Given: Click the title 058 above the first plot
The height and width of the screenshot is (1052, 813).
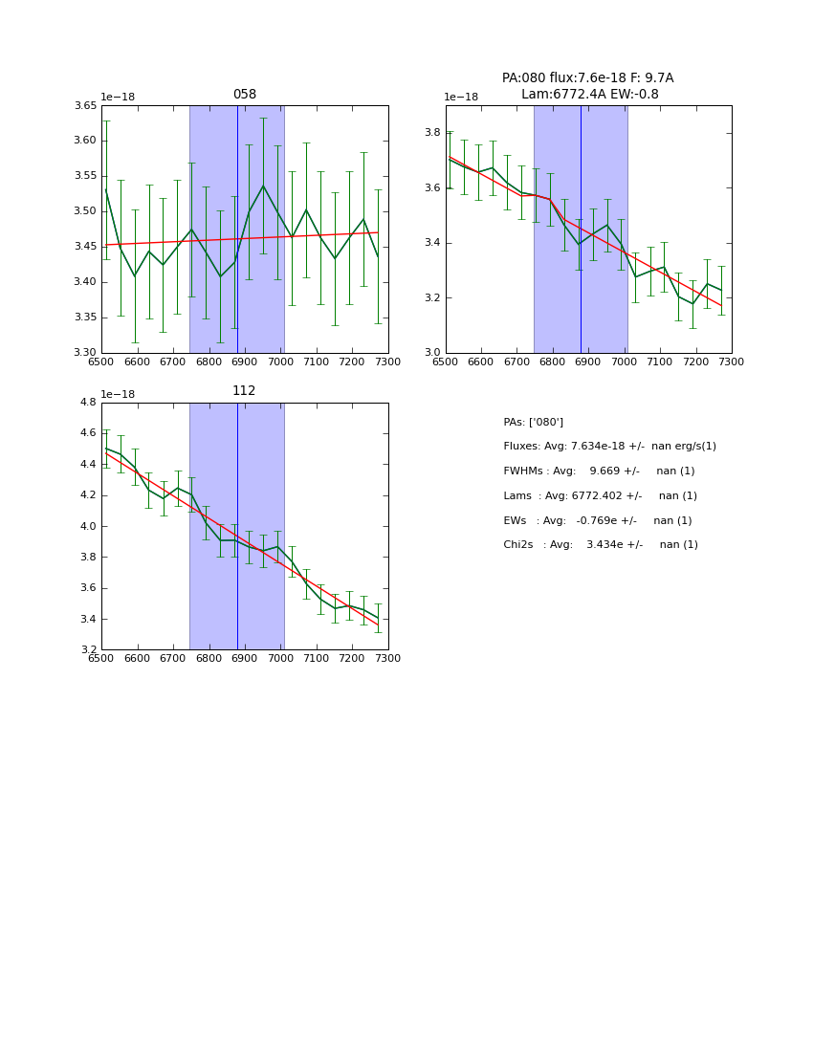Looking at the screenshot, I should pyautogui.click(x=245, y=95).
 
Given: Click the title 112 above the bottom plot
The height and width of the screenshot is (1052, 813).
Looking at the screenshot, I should pyautogui.click(x=245, y=391).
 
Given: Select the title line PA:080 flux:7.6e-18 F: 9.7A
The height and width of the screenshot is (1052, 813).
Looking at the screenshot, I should pyautogui.click(x=587, y=78).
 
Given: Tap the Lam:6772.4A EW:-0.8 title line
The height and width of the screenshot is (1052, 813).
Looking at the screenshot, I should pyautogui.click(x=589, y=94).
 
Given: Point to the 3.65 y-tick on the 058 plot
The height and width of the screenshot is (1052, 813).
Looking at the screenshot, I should pyautogui.click(x=85, y=106).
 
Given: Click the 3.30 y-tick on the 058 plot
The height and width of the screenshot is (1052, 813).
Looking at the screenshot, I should pyautogui.click(x=85, y=353).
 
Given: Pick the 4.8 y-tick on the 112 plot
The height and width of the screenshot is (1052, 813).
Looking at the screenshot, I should pyautogui.click(x=88, y=403).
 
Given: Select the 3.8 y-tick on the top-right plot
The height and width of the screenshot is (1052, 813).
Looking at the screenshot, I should pyautogui.click(x=432, y=133).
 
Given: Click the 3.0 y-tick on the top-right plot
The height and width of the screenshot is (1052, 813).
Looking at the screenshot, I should pyautogui.click(x=432, y=353).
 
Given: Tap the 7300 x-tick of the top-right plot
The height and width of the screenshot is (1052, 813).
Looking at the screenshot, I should pyautogui.click(x=732, y=362).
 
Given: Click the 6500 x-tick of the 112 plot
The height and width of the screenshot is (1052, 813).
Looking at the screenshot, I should pyautogui.click(x=101, y=658).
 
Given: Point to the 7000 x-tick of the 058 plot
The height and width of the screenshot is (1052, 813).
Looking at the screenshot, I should pyautogui.click(x=280, y=362).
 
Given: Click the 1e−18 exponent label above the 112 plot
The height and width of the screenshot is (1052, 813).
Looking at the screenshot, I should pyautogui.click(x=118, y=394).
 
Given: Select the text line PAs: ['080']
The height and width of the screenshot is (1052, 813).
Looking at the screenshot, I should pyautogui.click(x=533, y=422).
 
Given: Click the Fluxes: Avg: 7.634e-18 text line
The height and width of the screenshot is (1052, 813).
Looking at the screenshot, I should pyautogui.click(x=609, y=447).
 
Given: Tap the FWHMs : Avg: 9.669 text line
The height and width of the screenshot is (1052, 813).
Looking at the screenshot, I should pyautogui.click(x=599, y=471).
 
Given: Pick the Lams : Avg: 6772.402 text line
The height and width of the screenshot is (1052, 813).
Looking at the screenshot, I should pyautogui.click(x=600, y=496).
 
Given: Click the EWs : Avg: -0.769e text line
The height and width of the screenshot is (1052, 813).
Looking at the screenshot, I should pyautogui.click(x=597, y=521).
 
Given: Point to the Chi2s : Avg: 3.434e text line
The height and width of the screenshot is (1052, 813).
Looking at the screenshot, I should pyautogui.click(x=601, y=545).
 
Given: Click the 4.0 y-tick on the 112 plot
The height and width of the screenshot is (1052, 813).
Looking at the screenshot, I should pyautogui.click(x=88, y=527).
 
